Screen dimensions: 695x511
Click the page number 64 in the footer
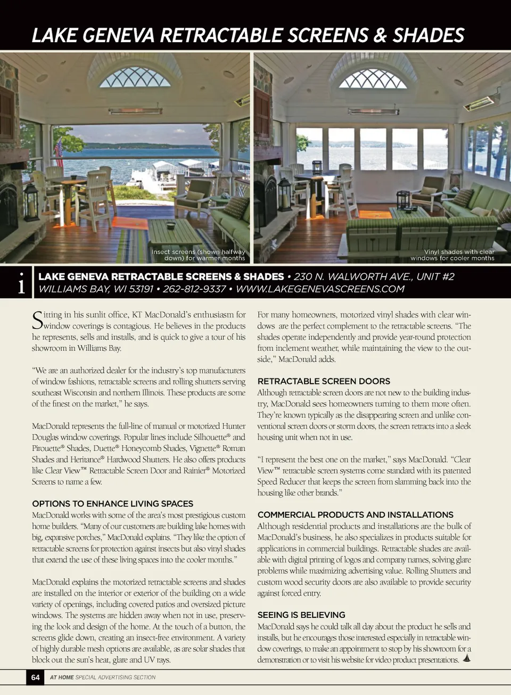tap(35, 677)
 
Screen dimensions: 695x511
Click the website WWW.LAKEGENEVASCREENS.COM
tap(320, 289)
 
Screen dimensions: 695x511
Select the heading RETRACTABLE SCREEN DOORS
tap(324, 381)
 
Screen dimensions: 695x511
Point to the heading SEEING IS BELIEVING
tap(301, 615)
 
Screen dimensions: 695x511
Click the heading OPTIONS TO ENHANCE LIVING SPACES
tap(112, 503)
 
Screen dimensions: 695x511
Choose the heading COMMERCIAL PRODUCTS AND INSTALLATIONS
tap(355, 514)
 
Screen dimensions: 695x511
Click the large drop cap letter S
tap(37, 320)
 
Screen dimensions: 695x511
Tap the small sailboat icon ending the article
tap(466, 658)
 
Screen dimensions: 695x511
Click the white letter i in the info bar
tap(21, 283)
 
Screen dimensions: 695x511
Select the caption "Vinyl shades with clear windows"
tap(452, 255)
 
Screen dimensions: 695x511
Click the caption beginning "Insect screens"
tap(198, 255)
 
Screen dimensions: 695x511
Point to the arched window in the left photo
tap(135, 78)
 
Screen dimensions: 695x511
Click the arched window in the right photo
tap(373, 78)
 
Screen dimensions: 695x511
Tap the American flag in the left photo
tap(58, 152)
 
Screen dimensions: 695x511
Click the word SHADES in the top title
tap(428, 35)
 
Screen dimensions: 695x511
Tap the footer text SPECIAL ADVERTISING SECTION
tap(116, 677)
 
